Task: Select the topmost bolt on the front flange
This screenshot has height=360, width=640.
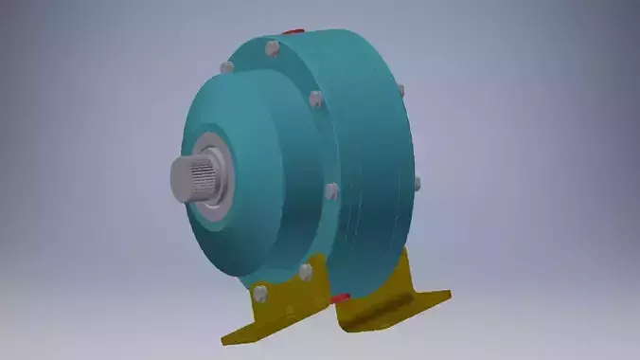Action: point(272,46)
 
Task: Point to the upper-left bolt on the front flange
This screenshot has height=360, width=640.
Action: point(226,67)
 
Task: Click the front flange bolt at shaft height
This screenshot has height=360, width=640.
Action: point(331,190)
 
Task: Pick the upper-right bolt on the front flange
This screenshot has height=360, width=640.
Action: point(316,98)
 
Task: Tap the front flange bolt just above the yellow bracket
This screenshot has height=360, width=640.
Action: point(306,272)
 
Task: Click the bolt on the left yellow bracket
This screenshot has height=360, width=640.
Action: point(259,293)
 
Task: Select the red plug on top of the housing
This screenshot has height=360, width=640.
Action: point(295,32)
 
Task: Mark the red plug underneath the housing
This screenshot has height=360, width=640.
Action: point(341,298)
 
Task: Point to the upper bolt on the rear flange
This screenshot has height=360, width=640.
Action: point(400,91)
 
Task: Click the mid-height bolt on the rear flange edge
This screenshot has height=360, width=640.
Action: point(416,183)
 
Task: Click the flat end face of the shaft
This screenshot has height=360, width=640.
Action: point(180,176)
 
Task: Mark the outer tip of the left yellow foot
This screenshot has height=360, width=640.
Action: point(228,337)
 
